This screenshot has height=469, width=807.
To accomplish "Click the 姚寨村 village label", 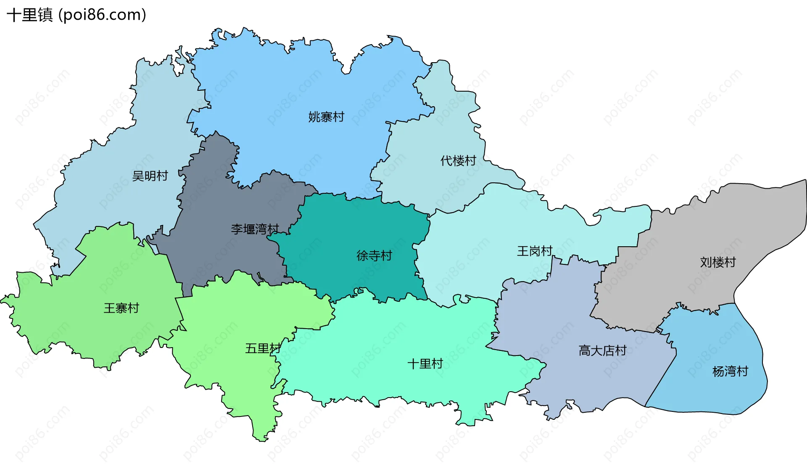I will coord(326,117).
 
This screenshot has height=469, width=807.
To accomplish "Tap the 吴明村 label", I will coord(150,176).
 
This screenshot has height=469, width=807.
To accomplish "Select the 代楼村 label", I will coord(458,161).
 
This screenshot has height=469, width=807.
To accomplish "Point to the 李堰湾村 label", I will coord(255,229).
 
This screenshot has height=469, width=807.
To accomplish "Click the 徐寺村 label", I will coord(374,256).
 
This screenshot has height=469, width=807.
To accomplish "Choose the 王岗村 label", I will coord(535,251).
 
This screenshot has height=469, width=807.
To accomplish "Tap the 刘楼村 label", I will coord(718,262).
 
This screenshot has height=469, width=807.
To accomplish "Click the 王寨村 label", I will coord(121,308).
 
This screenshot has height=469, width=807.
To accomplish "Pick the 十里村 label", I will coord(425,364).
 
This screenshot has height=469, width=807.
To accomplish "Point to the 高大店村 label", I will coord(602,350).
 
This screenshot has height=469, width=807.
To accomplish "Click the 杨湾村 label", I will coord(731,372).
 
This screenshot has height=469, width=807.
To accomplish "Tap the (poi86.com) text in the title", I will coord(103,15).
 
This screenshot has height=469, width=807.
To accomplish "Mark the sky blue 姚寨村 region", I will coord(294,84).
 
